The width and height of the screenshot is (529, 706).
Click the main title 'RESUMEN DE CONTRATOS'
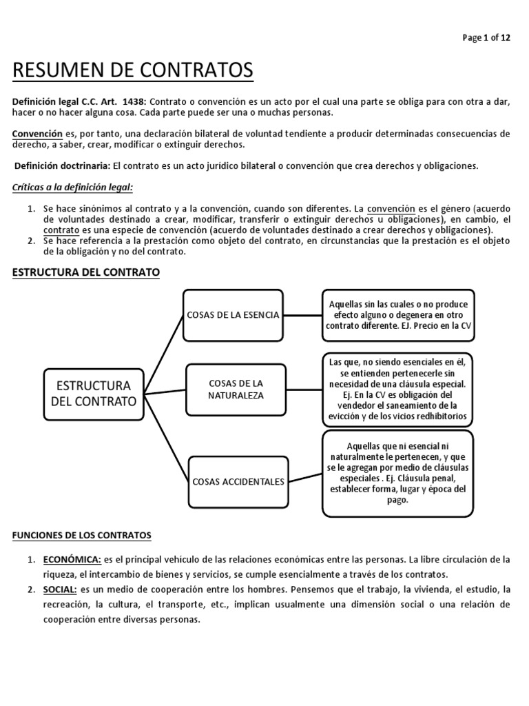pyautogui.click(x=133, y=70)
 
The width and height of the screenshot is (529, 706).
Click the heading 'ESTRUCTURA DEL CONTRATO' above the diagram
pyautogui.click(x=86, y=272)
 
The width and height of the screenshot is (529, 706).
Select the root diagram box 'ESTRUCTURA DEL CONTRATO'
pyautogui.click(x=94, y=392)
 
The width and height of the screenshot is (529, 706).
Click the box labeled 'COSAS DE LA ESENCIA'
pyautogui.click(x=233, y=315)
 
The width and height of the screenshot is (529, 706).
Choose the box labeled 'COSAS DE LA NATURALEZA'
pyautogui.click(x=236, y=389)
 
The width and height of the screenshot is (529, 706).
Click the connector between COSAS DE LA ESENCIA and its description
pyautogui.click(x=303, y=315)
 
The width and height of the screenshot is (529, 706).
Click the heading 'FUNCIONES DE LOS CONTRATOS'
pyautogui.click(x=83, y=535)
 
